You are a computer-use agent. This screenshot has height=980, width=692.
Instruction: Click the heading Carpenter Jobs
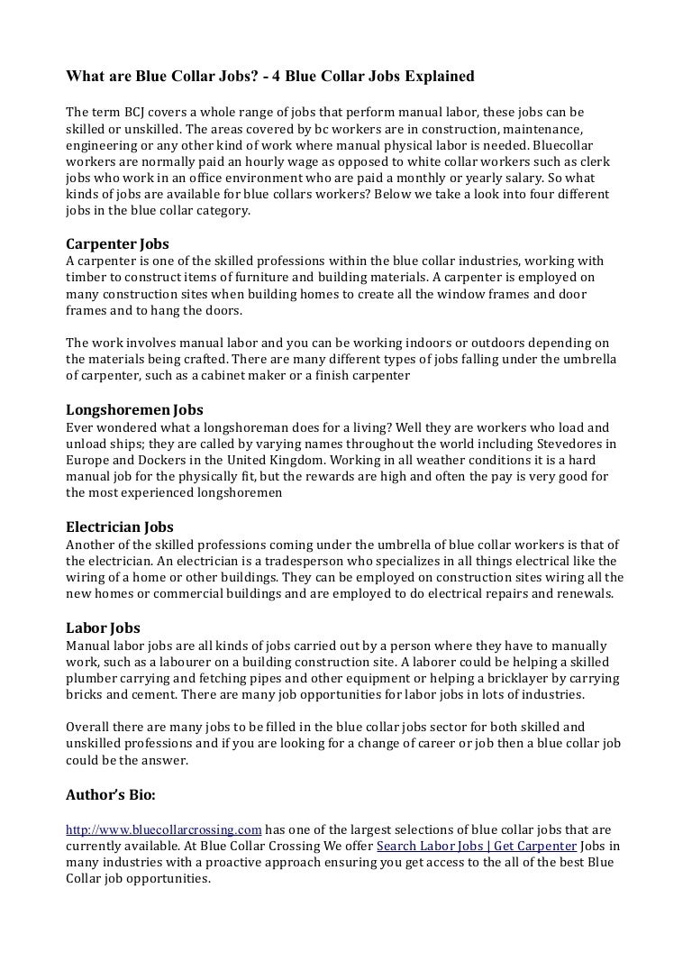(x=118, y=244)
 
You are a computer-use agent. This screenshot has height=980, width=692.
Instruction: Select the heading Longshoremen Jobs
(x=135, y=409)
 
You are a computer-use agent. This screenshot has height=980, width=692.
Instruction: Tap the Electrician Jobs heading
(x=121, y=527)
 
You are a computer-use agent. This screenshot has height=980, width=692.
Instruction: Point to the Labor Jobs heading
(x=104, y=627)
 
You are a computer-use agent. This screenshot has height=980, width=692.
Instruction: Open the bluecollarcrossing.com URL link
(x=164, y=829)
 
